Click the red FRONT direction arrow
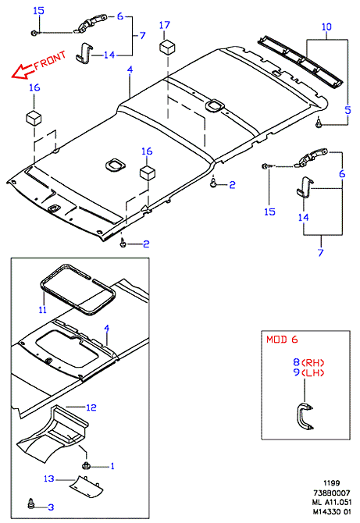pos(23,72)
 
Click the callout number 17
pos(165,25)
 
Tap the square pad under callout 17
pos(167,46)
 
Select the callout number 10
pos(326,27)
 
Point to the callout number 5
pos(348,110)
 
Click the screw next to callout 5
pos(319,123)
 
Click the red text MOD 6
pos(282,340)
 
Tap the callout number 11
pos(42,310)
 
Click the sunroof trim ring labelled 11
pos(79,289)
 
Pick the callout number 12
pos(91,407)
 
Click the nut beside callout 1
pos(85,466)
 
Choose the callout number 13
pos(48,479)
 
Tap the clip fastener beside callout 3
pos(31,503)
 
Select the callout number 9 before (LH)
pos(297,372)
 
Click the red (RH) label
pos(313,362)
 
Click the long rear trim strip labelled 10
pos(301,62)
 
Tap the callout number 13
pos(48,479)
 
